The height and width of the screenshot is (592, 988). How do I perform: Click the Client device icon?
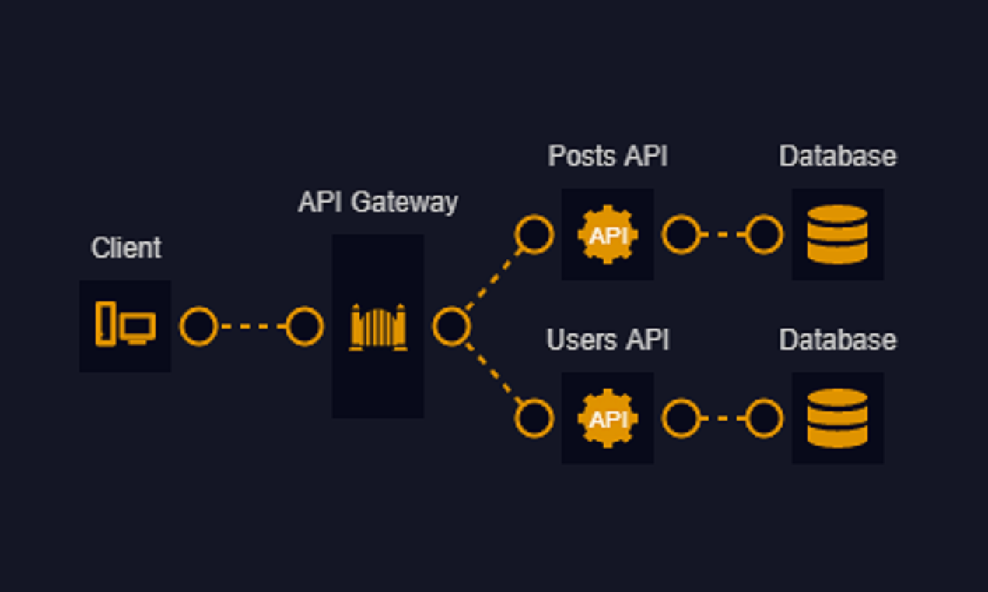125,325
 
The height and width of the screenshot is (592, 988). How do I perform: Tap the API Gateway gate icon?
378,326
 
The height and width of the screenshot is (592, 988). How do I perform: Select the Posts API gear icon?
608,234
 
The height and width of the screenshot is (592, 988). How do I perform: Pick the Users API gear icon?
608,418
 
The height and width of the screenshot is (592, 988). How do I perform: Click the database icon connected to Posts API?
837,234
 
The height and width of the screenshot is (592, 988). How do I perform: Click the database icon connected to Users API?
837,418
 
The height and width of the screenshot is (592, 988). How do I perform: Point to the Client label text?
126,248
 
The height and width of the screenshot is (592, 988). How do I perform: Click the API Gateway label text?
378,202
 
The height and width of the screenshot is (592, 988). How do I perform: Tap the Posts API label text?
608,156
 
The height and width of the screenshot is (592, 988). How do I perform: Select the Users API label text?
608,340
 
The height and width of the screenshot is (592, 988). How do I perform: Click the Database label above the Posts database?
838,156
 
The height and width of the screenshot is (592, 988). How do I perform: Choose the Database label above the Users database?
838,340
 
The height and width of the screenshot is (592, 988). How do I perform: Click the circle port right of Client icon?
198,326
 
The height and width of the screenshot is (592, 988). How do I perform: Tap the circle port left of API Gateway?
304,326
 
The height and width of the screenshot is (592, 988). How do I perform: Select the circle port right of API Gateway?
451,326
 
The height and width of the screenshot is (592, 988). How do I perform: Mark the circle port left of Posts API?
534,234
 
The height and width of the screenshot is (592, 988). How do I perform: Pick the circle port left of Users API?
534,418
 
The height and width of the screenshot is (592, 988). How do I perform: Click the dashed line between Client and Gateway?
251,326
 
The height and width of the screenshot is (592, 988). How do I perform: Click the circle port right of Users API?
681,418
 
